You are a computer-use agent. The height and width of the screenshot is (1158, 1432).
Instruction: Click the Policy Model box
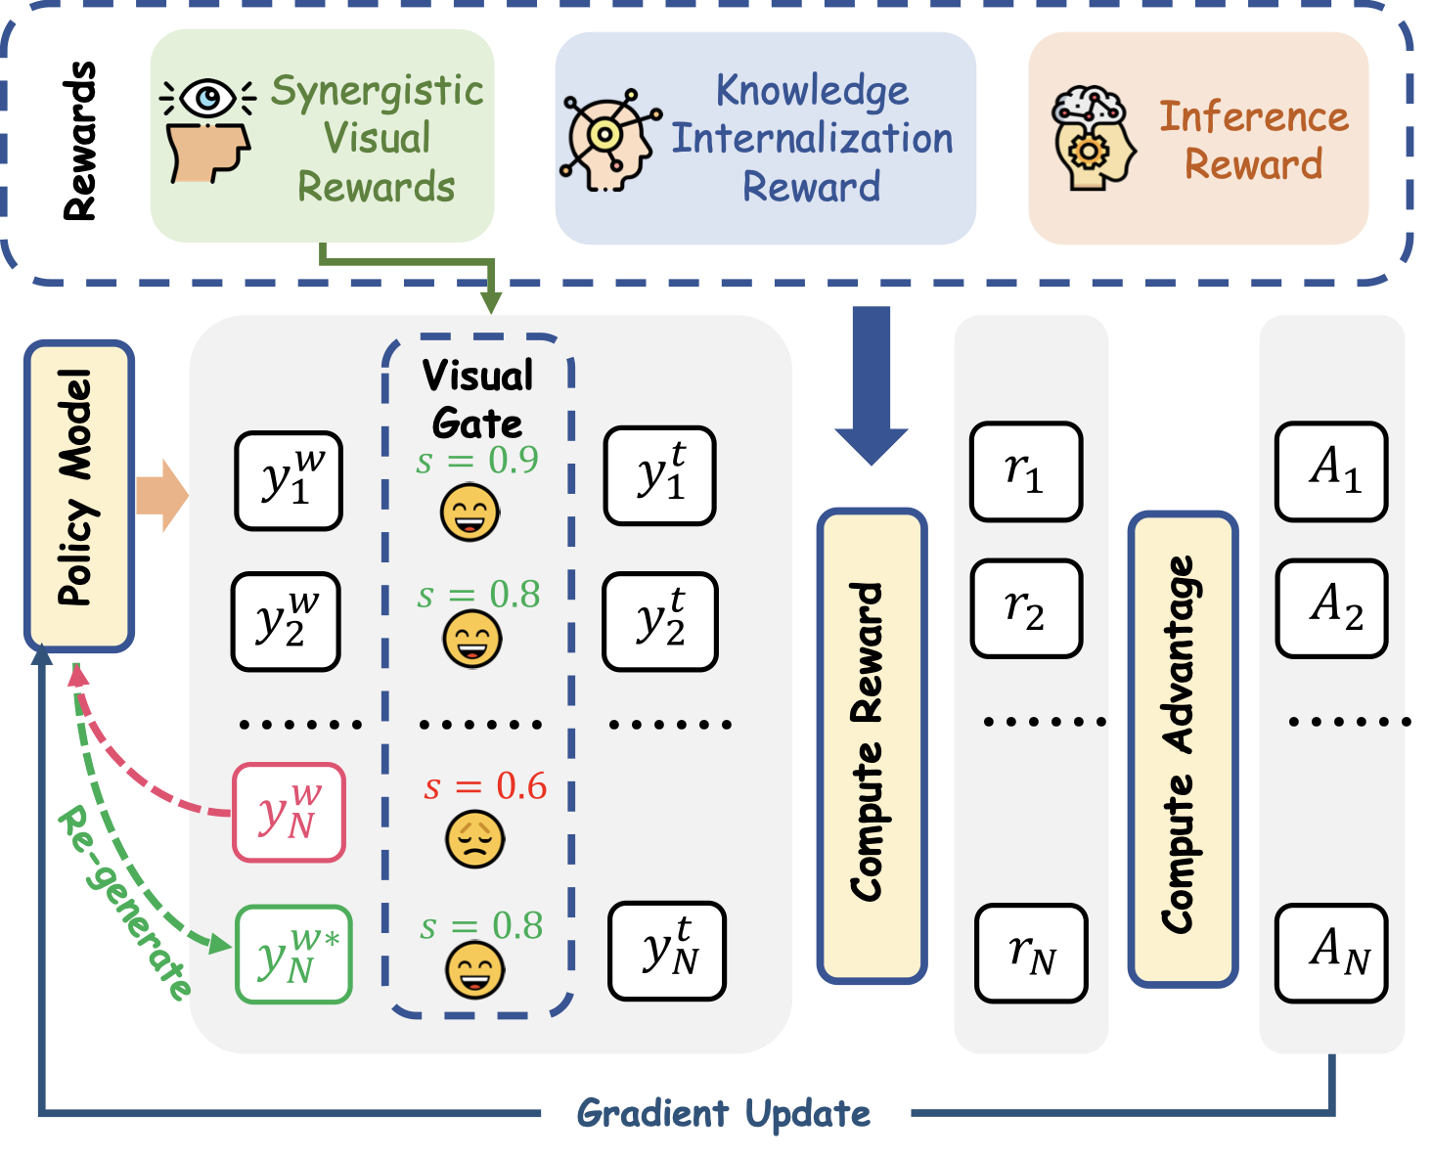pyautogui.click(x=78, y=496)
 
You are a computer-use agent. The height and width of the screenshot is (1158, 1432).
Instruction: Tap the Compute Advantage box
pyautogui.click(x=1183, y=748)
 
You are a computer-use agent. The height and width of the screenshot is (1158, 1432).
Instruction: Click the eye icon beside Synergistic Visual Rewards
pyautogui.click(x=208, y=97)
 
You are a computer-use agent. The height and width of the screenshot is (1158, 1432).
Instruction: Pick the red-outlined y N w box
pyautogui.click(x=289, y=813)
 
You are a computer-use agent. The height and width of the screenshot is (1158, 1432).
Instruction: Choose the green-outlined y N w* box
pyautogui.click(x=293, y=955)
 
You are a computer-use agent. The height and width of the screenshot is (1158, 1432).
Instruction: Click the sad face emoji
pyautogui.click(x=475, y=839)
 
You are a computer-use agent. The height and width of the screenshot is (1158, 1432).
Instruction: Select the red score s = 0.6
pyautogui.click(x=485, y=786)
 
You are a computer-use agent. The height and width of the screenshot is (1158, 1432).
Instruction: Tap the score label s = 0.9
pyautogui.click(x=477, y=460)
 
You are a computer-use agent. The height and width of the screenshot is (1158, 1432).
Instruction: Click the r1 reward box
pyautogui.click(x=1025, y=471)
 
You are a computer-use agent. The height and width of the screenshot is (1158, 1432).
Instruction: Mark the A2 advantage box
pyautogui.click(x=1331, y=607)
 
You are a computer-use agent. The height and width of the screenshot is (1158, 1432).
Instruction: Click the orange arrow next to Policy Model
pyautogui.click(x=160, y=495)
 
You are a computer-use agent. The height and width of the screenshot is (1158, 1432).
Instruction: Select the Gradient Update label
pyautogui.click(x=724, y=1113)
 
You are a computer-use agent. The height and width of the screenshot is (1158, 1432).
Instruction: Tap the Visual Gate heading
pyautogui.click(x=477, y=399)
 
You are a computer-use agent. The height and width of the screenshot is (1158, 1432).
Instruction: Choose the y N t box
pyautogui.click(x=667, y=951)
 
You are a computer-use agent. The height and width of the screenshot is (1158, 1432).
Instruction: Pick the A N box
pyautogui.click(x=1331, y=954)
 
